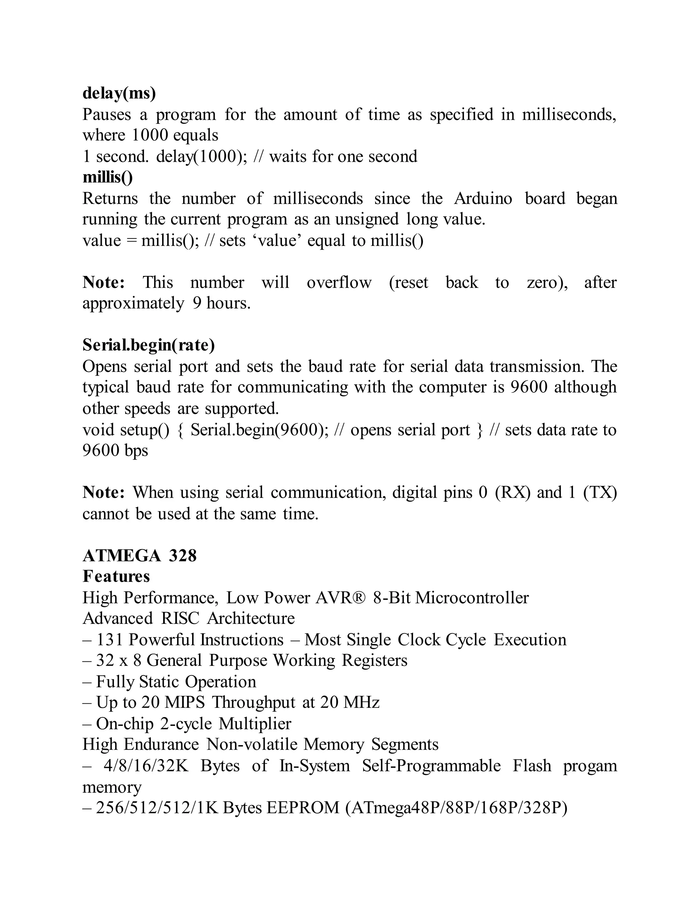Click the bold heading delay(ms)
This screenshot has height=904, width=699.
click(x=119, y=93)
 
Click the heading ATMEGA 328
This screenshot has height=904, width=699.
click(x=140, y=555)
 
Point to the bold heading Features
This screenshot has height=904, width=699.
click(x=116, y=576)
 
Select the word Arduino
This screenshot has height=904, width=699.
click(x=483, y=199)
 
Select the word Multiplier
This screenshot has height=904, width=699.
click(x=255, y=724)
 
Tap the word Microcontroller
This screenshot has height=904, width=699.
click(x=472, y=598)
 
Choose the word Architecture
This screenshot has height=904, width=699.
click(x=251, y=618)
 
